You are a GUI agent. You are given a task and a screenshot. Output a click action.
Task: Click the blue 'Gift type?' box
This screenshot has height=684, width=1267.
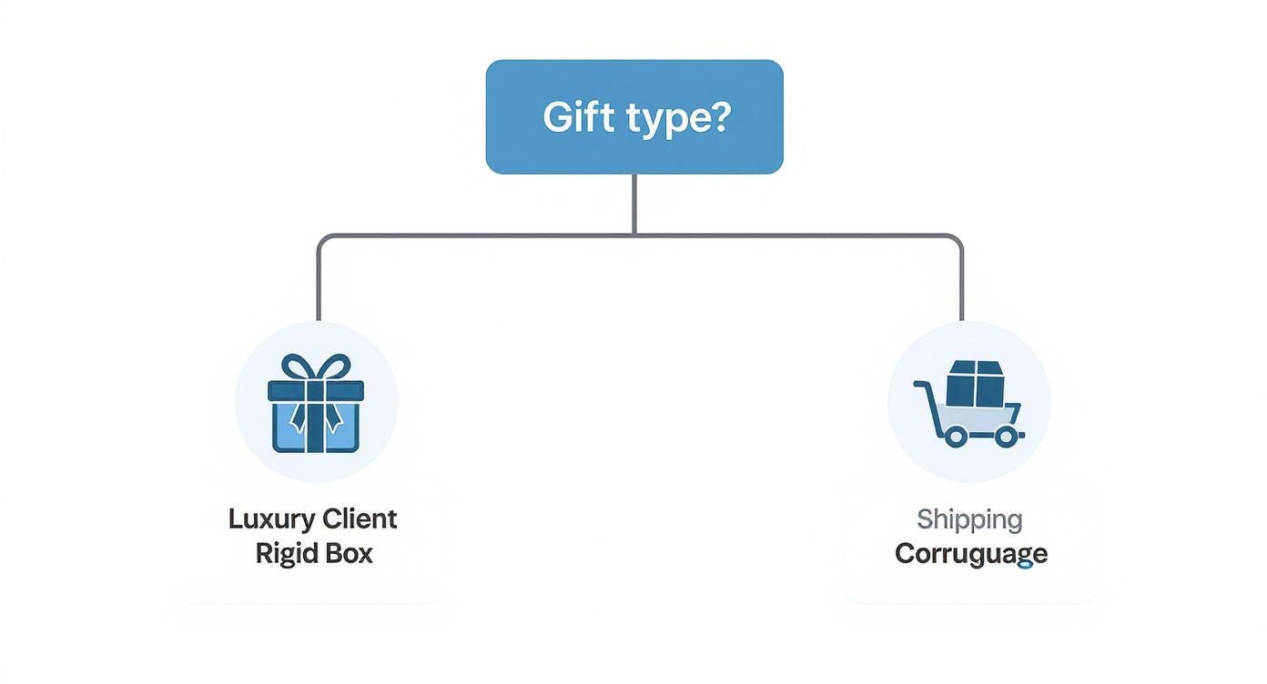click(x=634, y=116)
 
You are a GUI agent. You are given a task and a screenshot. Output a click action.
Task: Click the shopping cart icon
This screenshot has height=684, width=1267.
click(x=969, y=403)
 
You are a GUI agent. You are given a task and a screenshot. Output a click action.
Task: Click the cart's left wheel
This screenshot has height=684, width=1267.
click(x=955, y=437)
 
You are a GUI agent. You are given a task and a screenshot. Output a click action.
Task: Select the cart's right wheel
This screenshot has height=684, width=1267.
click(x=1005, y=437)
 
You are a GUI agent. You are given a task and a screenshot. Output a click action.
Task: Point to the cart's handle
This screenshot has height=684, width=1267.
click(x=923, y=387)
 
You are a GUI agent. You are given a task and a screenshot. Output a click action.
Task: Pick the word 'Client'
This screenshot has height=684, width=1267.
click(x=359, y=519)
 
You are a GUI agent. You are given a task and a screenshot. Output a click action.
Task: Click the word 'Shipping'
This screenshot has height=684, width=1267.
click(x=969, y=520)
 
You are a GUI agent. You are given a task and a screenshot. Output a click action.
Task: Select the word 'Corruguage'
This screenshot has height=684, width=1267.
click(x=970, y=554)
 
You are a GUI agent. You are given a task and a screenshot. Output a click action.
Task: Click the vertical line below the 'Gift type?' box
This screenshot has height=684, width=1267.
click(x=634, y=204)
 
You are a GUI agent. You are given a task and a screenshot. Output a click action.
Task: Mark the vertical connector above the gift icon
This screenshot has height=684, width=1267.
click(x=318, y=282)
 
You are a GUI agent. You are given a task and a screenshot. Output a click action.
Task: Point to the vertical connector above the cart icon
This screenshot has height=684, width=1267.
click(x=961, y=282)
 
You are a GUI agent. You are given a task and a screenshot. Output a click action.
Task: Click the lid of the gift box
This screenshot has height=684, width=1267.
click(x=316, y=390)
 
